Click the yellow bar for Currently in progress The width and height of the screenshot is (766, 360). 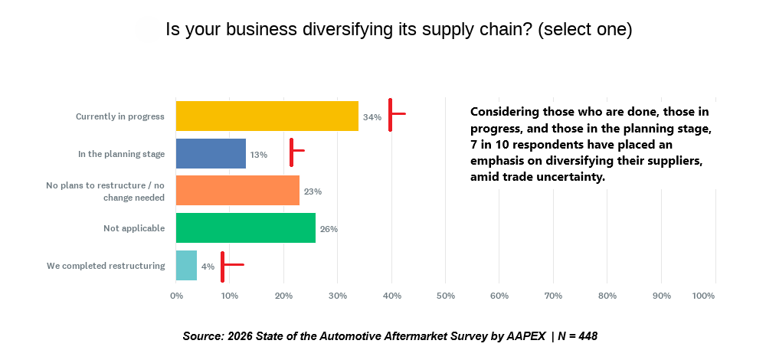[267, 116]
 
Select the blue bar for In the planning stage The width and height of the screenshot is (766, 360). [211, 153]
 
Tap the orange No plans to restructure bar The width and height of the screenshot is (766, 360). [237, 191]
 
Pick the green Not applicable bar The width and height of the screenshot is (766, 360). [245, 228]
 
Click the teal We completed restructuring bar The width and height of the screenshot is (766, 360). [186, 266]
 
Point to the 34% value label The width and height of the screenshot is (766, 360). [372, 117]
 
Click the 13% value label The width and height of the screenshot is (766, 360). [258, 154]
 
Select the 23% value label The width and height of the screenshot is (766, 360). [312, 191]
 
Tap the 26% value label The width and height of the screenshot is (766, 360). [329, 229]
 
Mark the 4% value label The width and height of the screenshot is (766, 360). [207, 267]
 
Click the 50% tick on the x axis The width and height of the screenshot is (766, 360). [445, 296]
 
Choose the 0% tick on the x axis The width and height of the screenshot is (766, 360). [176, 296]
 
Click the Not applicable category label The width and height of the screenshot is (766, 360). [134, 228]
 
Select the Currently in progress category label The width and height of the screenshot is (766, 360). [120, 116]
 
